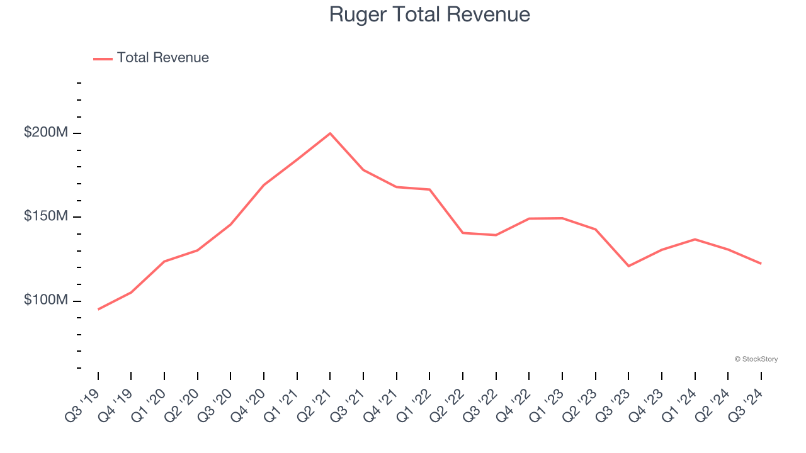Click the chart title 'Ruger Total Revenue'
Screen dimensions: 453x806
point(429,14)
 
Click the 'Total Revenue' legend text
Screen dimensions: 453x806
point(162,58)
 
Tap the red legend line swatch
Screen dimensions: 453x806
point(103,59)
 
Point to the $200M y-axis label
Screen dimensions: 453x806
point(45,133)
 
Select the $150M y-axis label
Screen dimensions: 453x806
point(45,216)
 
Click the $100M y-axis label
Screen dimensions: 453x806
point(45,300)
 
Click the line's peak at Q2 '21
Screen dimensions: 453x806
point(330,133)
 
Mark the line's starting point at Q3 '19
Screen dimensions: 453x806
point(98,309)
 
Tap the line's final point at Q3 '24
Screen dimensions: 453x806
point(761,264)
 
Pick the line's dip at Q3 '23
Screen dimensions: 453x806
point(628,266)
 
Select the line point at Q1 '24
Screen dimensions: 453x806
point(695,239)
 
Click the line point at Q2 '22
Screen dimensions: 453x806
point(463,233)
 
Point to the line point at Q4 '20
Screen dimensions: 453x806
point(264,185)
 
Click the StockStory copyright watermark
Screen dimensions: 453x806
point(756,359)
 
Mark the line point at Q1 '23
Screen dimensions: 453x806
point(562,218)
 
